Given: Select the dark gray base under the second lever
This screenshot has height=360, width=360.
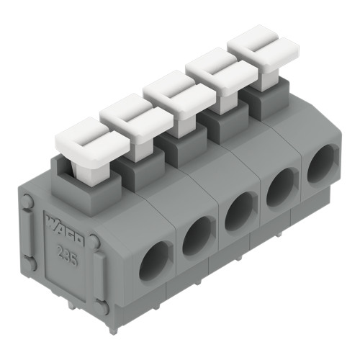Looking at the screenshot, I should (134, 171).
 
